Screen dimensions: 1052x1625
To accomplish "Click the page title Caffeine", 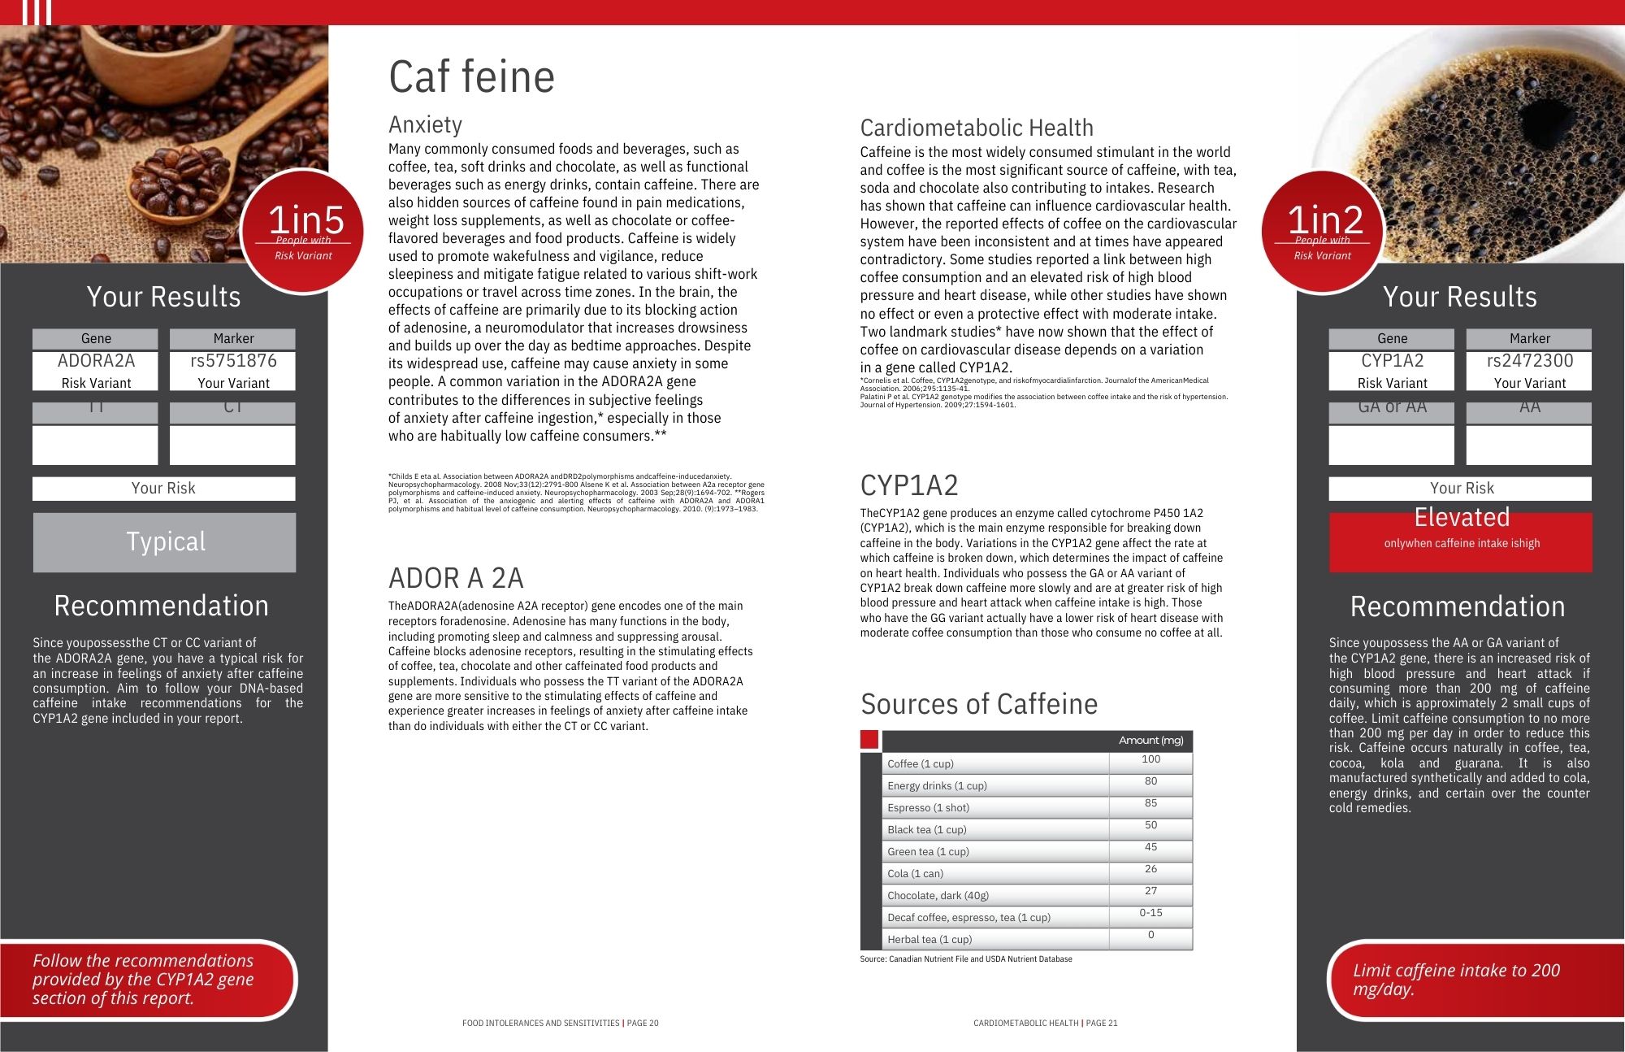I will (x=471, y=77).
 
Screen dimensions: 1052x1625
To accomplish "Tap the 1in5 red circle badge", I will (x=303, y=231).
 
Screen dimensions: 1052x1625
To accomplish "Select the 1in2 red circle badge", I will (x=1322, y=231).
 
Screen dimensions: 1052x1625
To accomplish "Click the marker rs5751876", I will (x=233, y=361).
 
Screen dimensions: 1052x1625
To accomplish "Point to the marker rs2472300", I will (x=1529, y=361).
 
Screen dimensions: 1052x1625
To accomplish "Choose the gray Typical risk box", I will (x=164, y=542).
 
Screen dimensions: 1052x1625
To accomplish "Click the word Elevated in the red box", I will (x=1461, y=518).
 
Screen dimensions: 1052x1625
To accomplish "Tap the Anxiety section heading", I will (x=425, y=124).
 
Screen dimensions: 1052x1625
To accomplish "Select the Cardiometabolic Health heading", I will (x=977, y=128).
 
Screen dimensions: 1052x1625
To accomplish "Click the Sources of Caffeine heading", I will (x=978, y=704).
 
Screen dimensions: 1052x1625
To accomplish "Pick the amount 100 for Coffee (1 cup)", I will (x=1150, y=759).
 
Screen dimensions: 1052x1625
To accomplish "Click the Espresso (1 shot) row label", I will (x=928, y=807).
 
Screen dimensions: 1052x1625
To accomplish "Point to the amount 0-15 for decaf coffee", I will (x=1150, y=913).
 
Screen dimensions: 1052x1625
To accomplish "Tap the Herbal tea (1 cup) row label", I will (x=929, y=939).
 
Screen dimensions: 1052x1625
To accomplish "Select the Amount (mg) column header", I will (x=1150, y=740).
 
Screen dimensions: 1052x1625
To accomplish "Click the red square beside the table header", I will (x=869, y=740).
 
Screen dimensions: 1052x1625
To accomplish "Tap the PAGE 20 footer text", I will (x=642, y=1023).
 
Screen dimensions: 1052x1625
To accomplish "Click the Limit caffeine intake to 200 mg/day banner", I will (x=1456, y=980).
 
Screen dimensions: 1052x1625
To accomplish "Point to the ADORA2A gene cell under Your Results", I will (x=96, y=361).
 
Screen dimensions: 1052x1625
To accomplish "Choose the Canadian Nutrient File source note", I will (x=965, y=959).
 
